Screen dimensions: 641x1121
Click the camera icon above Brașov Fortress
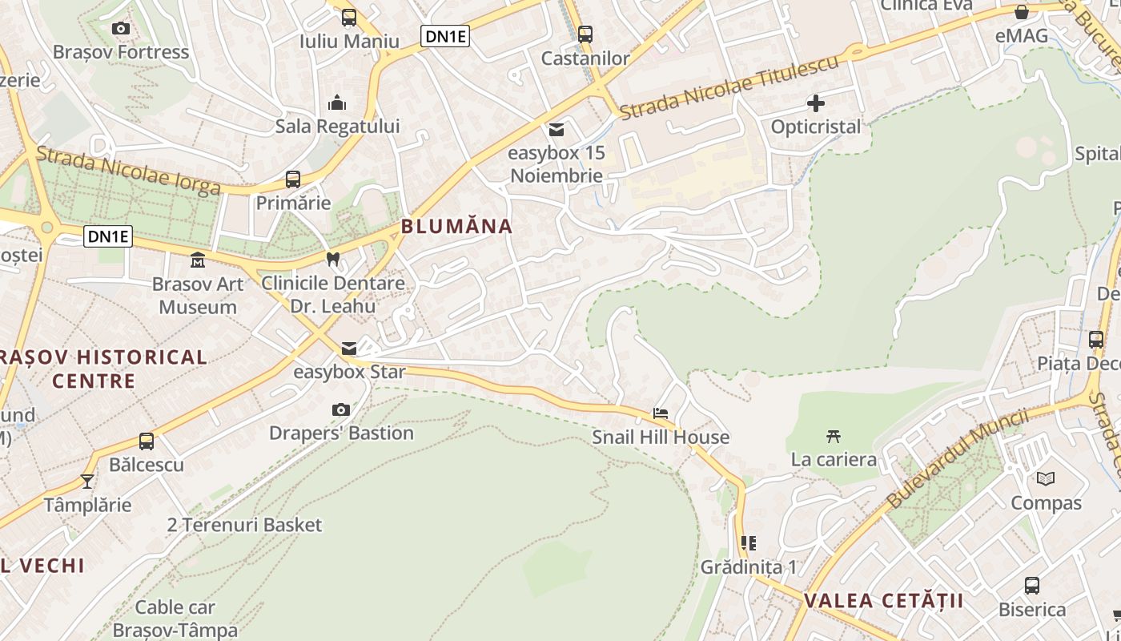121,29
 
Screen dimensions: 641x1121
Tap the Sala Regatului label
337,126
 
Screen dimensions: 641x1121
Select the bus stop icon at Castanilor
585,34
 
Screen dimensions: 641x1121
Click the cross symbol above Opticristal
816,103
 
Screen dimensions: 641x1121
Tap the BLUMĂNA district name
456,226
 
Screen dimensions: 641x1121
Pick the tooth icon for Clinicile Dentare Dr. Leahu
333,259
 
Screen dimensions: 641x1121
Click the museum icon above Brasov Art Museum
197,260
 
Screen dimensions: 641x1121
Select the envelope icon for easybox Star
349,349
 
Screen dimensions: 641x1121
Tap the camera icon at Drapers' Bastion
341,410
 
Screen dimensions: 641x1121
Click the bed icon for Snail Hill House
661,413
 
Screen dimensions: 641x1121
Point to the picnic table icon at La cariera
834,437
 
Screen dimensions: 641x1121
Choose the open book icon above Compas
1046,479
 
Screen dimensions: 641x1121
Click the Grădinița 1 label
749,567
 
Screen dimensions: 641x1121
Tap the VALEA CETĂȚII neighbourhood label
883,600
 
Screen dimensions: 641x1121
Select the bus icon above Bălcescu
147,441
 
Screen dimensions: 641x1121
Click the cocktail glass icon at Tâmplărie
87,482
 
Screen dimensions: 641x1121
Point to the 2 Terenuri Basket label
244,525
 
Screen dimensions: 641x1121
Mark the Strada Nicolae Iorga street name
128,171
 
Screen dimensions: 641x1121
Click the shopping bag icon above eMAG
1022,13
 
